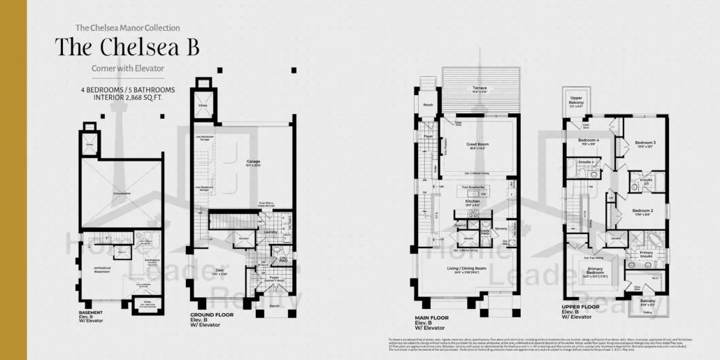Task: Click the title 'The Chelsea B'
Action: coord(127,47)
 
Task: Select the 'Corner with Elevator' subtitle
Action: coord(127,69)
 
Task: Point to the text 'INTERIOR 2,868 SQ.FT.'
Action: coord(127,98)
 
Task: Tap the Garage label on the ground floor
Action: coord(252,161)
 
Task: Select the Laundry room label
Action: coord(270,233)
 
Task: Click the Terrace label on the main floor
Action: coord(480,88)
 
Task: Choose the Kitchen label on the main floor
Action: coord(473,201)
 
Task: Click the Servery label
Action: coord(500,229)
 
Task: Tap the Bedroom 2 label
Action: coord(642,210)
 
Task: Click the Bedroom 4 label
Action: coord(588,141)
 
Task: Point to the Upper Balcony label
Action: coord(577,99)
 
